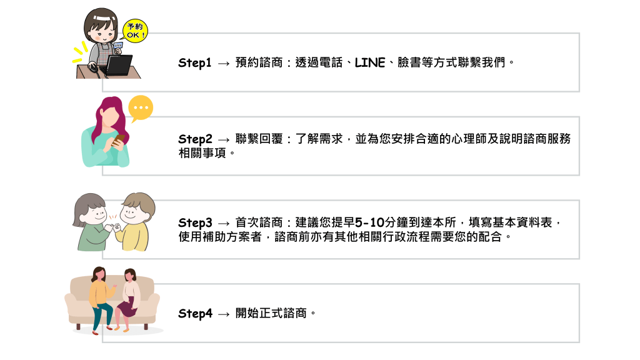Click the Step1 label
(195, 63)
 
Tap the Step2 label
(195, 139)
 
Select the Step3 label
(195, 223)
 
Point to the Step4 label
(195, 314)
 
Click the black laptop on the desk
(119, 65)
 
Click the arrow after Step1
(223, 64)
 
